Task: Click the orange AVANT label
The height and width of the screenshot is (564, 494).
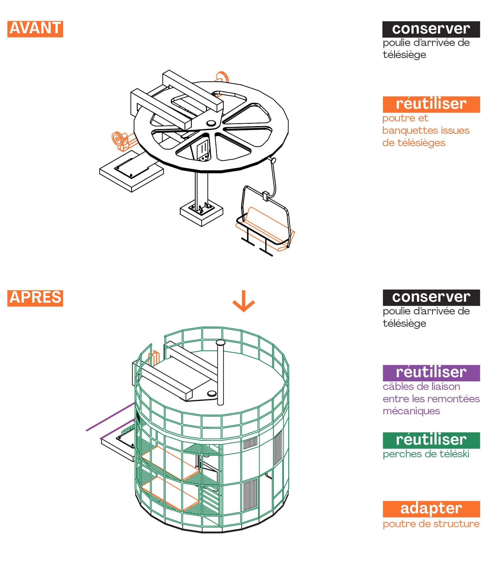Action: click(35, 29)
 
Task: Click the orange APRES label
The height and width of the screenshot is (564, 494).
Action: click(35, 298)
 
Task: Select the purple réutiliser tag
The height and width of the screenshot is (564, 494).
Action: click(431, 373)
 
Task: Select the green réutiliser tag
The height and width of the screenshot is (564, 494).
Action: click(431, 440)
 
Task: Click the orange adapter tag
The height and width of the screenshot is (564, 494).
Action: click(431, 509)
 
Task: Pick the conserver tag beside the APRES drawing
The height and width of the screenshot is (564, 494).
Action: click(431, 297)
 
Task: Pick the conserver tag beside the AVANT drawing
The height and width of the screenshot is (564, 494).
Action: click(431, 29)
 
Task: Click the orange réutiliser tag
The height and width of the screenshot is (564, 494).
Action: click(431, 104)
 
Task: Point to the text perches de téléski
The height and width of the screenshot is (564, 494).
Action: click(426, 454)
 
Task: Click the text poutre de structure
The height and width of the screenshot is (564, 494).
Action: click(431, 524)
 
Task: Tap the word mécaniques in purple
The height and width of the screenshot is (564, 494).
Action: click(411, 411)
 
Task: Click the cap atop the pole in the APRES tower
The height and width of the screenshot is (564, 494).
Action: click(220, 342)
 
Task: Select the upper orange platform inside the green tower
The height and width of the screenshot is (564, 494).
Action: click(169, 462)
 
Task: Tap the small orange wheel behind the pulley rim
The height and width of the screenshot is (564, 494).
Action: click(223, 77)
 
